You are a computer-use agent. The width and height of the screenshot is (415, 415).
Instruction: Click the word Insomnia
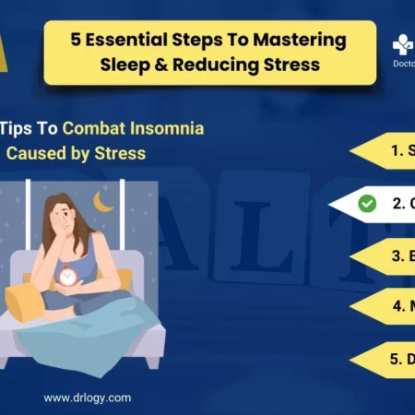tap(171, 128)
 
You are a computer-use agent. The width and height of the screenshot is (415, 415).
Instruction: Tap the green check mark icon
tap(367, 203)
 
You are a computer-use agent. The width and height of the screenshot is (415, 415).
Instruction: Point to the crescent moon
tap(102, 201)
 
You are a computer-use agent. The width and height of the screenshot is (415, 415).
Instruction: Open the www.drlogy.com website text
tap(87, 398)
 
